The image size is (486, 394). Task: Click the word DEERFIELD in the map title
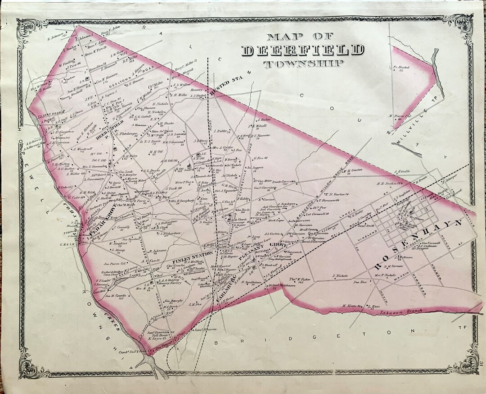point(302,50)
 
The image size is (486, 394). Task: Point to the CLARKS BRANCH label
point(45,115)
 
